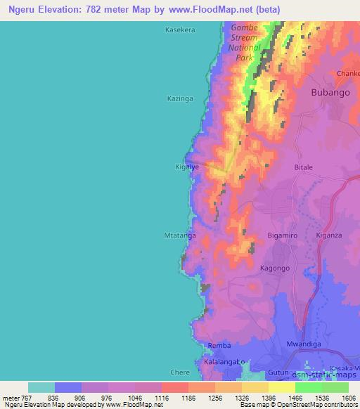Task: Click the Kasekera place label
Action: click(x=179, y=30)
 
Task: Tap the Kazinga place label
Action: click(x=179, y=98)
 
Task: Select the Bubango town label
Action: click(x=330, y=92)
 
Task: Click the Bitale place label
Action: click(x=303, y=168)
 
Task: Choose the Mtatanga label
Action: click(x=180, y=236)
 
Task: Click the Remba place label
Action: click(x=219, y=346)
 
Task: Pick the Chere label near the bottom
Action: click(x=180, y=372)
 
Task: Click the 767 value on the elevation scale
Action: click(x=27, y=398)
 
